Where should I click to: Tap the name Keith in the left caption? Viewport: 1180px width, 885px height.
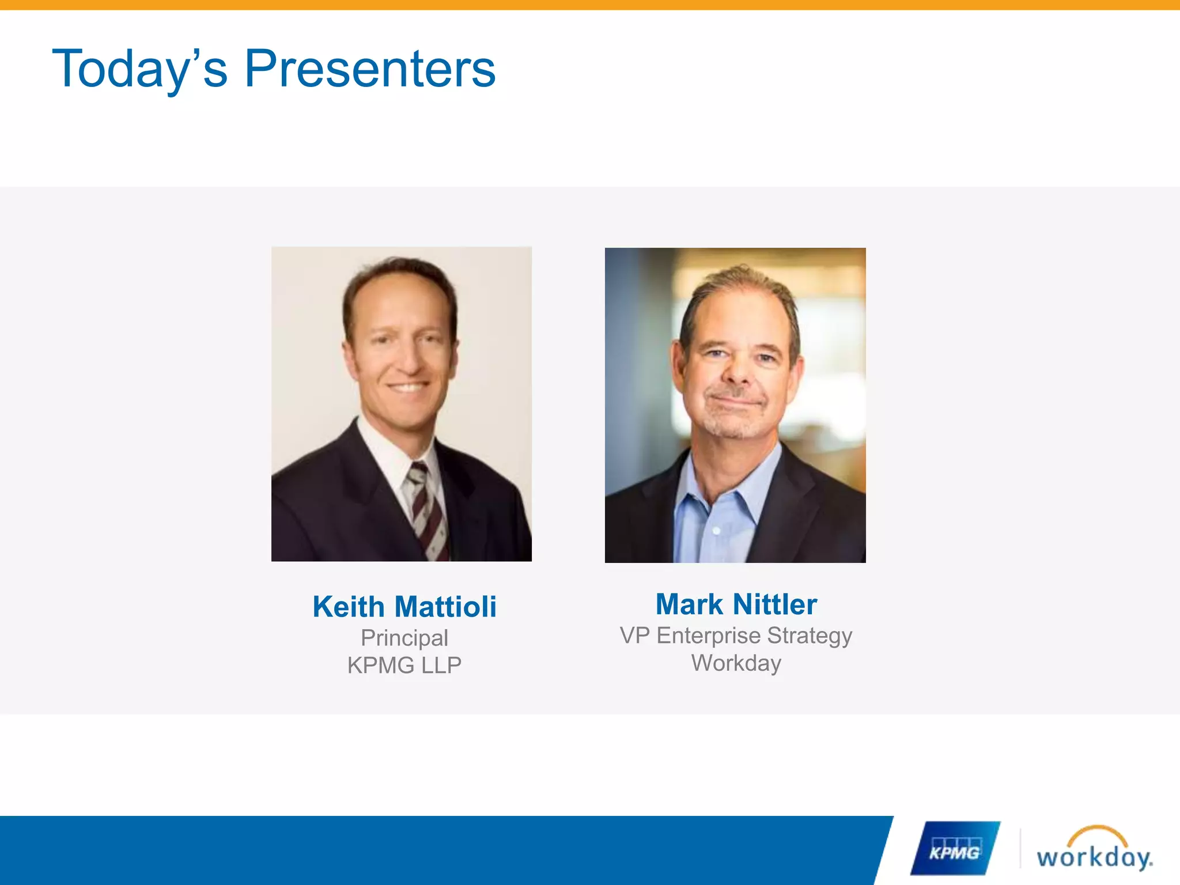coord(349,607)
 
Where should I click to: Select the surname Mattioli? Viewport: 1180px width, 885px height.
coord(445,607)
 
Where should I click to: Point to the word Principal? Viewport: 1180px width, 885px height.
coord(404,638)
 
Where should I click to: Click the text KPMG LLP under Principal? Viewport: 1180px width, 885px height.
coord(404,665)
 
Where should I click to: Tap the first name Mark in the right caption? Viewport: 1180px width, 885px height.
coord(689,604)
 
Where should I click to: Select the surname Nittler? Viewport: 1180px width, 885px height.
coord(776,604)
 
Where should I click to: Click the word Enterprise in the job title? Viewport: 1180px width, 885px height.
coord(709,636)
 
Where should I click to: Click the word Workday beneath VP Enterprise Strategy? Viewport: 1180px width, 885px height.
coord(736,663)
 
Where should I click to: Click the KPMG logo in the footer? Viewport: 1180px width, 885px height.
coord(954,849)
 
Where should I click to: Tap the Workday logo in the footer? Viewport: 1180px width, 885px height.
coord(1094,855)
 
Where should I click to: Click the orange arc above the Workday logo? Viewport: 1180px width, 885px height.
coord(1097,832)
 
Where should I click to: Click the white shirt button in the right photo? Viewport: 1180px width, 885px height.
coord(717,530)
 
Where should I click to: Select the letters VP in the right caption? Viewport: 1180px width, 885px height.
coord(634,636)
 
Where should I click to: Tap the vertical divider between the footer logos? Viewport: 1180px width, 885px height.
coord(1020,848)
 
